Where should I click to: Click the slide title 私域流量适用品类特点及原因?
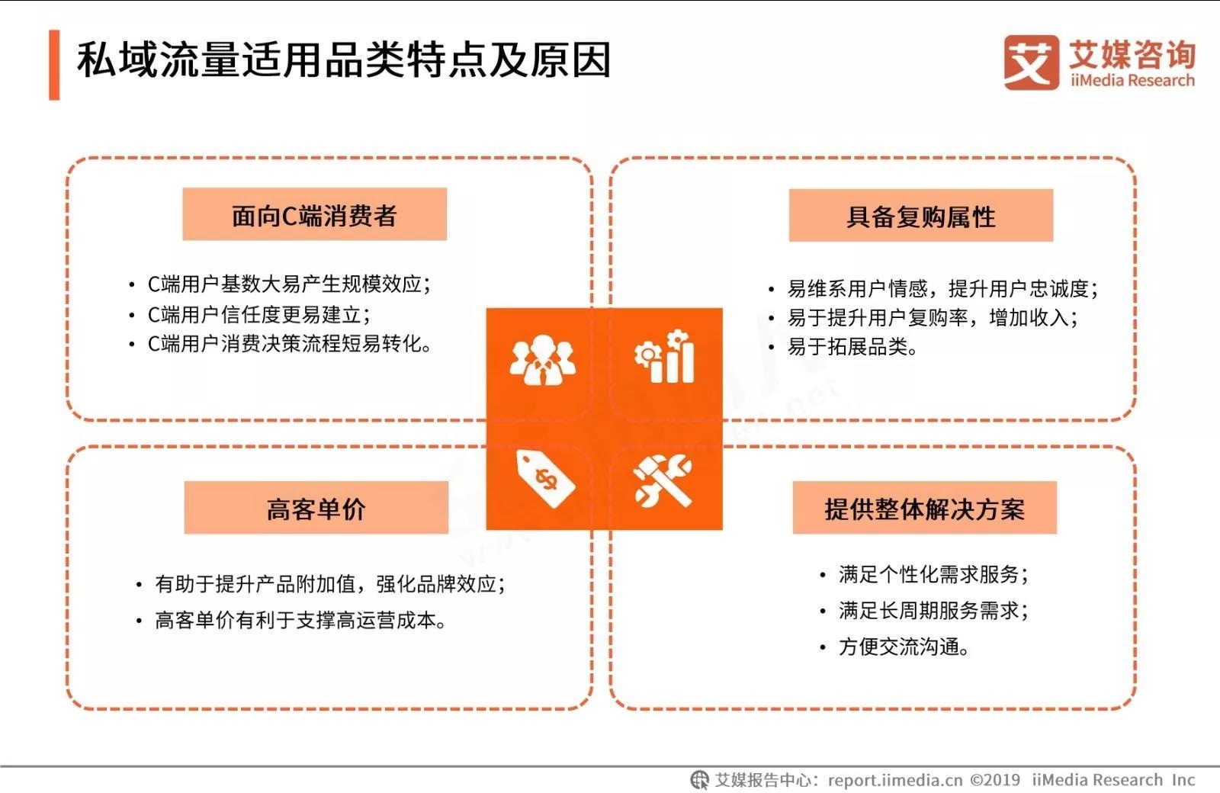pos(344,60)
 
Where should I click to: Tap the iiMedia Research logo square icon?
pos(1032,63)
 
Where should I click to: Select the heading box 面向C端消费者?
pos(315,214)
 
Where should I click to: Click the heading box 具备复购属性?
pos(921,215)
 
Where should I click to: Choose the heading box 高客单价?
pos(316,508)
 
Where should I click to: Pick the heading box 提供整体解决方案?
pos(925,508)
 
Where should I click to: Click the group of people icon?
pos(542,360)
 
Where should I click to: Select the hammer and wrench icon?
pos(663,480)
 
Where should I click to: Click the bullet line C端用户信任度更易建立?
pos(259,315)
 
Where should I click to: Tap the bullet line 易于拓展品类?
pos(852,346)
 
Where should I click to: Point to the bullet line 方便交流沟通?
pos(904,647)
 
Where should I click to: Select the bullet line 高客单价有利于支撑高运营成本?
pos(300,620)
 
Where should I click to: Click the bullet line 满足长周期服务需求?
pos(933,610)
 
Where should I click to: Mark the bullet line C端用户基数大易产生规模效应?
pos(289,284)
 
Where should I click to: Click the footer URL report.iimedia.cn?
pos(895,780)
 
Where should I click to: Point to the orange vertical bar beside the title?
pos(54,65)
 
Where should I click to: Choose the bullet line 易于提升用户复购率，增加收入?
pos(933,317)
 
